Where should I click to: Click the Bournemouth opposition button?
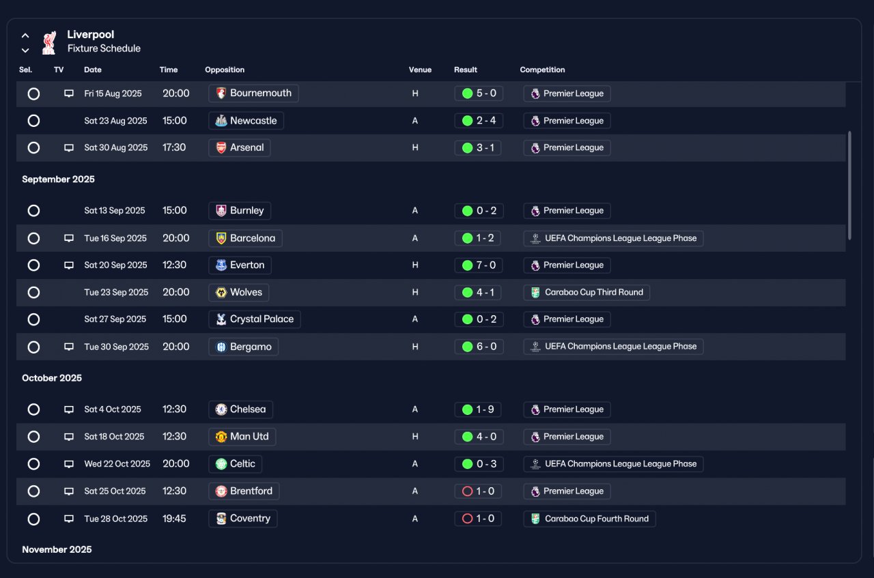click(253, 93)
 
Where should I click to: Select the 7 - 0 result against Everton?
click(479, 265)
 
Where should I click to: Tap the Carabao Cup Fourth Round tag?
click(589, 519)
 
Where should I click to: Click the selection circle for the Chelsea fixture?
click(33, 409)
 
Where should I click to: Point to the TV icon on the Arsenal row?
click(69, 148)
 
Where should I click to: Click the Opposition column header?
click(225, 70)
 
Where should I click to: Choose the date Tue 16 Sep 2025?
click(115, 238)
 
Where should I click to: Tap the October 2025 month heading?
click(52, 378)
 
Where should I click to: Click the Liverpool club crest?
click(49, 42)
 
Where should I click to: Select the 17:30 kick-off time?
click(174, 148)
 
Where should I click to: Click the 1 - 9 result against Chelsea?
click(477, 409)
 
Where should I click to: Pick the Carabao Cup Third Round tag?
click(587, 293)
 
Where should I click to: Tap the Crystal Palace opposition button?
click(255, 319)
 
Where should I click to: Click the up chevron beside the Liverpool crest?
click(25, 35)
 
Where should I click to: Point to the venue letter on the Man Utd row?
click(415, 437)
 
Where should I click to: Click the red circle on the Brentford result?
click(467, 491)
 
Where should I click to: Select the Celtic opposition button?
click(236, 464)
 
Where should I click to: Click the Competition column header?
click(542, 70)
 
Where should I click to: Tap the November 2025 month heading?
click(57, 549)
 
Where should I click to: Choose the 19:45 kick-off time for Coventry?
click(174, 519)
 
